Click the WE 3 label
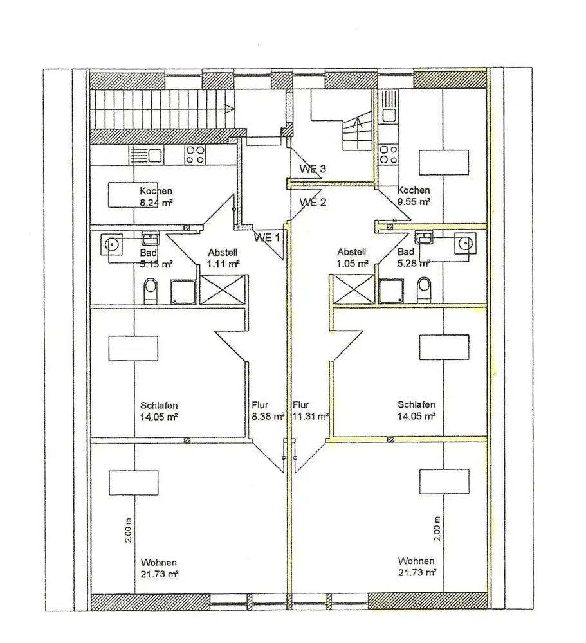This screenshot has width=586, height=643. (x=313, y=168)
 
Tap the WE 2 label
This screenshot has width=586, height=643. (x=313, y=202)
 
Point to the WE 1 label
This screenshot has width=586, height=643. (x=267, y=237)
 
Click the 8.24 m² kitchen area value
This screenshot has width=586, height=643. (x=156, y=203)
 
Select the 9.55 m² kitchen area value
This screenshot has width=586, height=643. (x=414, y=202)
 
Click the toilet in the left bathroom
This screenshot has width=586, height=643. (x=151, y=291)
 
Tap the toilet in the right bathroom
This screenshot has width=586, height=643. (x=424, y=290)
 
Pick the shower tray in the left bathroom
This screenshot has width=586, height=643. (x=183, y=292)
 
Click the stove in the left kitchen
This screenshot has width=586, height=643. (x=195, y=155)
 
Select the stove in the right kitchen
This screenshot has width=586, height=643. (x=389, y=154)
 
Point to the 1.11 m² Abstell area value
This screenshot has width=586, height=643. (x=223, y=264)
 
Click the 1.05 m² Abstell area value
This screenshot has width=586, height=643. (x=353, y=264)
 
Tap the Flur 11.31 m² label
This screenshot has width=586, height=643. (x=311, y=411)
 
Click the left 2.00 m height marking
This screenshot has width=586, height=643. (x=129, y=530)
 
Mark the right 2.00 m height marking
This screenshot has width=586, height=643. (x=437, y=529)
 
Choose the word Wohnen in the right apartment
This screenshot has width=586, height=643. (x=416, y=561)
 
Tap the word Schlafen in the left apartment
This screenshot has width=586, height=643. (x=159, y=406)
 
